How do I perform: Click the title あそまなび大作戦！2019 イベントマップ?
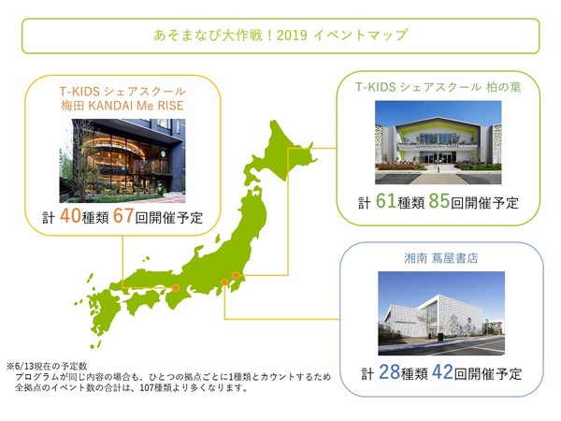coord(280,36)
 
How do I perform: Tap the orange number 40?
coord(69,217)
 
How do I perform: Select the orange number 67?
coord(123,217)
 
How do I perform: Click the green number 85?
coord(440,202)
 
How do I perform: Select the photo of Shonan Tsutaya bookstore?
coord(441,313)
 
